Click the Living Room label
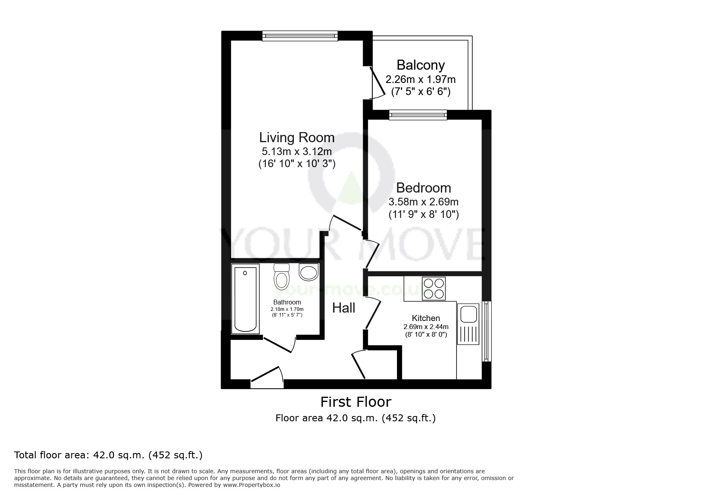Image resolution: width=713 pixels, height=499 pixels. (297, 138)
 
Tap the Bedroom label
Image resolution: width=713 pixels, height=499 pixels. (424, 188)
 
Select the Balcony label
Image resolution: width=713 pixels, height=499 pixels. (421, 65)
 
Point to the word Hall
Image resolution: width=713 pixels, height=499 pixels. (343, 308)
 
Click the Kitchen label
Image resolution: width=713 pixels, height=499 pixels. (426, 318)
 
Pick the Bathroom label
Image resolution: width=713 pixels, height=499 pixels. (287, 302)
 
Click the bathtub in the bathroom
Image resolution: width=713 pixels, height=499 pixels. (245, 300)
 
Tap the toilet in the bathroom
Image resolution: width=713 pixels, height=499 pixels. (281, 277)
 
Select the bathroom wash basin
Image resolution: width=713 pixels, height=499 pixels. (309, 272)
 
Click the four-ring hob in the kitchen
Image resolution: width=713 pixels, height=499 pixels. (434, 288)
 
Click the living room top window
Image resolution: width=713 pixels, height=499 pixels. (300, 36)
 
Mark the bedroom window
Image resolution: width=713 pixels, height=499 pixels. (418, 116)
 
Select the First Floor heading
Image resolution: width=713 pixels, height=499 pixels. (355, 402)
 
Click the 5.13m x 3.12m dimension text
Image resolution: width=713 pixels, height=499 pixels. (297, 151)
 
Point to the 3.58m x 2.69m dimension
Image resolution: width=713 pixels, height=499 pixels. (424, 201)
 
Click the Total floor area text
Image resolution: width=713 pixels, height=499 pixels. (108, 455)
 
